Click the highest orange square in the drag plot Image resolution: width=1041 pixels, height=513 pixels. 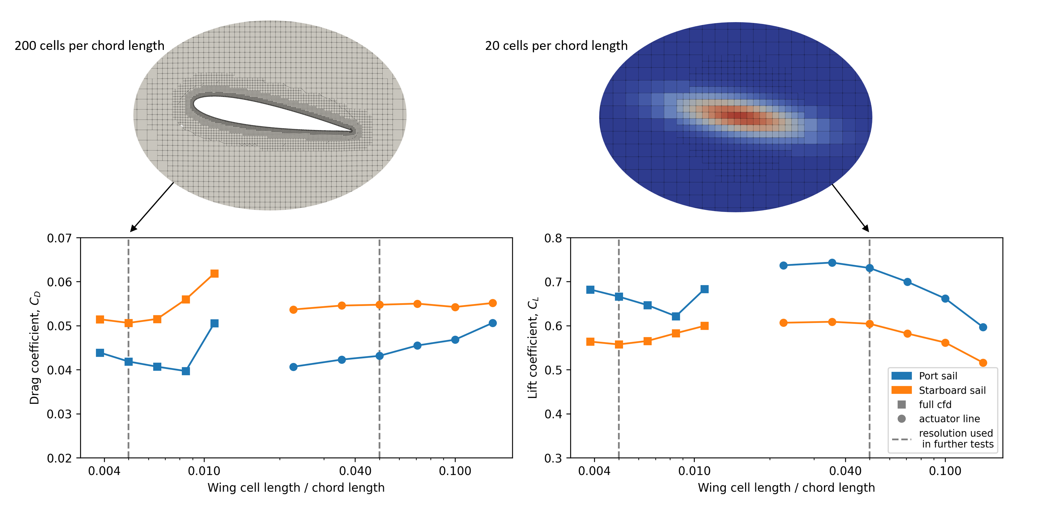click(215, 274)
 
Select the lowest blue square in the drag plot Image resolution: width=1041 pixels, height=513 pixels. click(186, 371)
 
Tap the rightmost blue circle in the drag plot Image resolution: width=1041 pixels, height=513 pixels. click(493, 323)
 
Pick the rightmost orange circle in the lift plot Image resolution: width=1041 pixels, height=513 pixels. click(983, 363)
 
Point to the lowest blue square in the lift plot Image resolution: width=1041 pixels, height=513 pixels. click(676, 316)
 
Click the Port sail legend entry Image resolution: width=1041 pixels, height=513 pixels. click(938, 376)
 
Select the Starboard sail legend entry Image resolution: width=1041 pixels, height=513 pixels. click(952, 390)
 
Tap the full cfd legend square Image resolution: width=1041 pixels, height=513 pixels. click(902, 404)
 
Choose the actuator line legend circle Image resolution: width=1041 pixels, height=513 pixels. click(902, 419)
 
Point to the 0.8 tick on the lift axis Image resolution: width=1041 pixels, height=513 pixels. click(553, 238)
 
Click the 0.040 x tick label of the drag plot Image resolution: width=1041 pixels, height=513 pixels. click(355, 471)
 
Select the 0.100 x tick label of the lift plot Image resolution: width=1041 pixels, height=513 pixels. click(945, 471)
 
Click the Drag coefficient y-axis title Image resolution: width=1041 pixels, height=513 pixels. click(35, 347)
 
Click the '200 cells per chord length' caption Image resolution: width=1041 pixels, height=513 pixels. click(89, 46)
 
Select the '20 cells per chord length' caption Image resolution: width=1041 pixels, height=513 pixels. click(556, 46)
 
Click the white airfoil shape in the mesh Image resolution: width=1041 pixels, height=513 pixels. click(259, 113)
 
